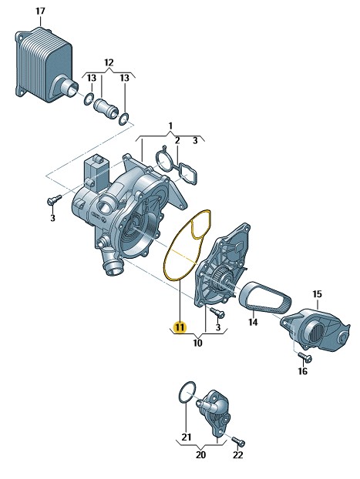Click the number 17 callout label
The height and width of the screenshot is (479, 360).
tap(40, 12)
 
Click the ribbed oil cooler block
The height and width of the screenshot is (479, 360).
tap(45, 65)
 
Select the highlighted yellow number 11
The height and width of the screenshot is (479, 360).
tap(180, 327)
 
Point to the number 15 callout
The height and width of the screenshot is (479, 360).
tap(317, 294)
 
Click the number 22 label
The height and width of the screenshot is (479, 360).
tap(237, 455)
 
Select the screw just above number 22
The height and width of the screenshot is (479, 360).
tap(238, 440)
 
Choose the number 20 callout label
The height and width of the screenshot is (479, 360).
tap(200, 455)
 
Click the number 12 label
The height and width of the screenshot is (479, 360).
tap(109, 62)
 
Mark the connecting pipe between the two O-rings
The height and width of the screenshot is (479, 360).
tap(106, 106)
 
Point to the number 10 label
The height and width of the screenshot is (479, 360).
tap(197, 343)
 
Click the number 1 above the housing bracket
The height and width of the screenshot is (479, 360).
tap(170, 126)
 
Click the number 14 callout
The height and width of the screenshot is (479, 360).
tap(253, 322)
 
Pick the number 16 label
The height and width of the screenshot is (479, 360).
tap(302, 371)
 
